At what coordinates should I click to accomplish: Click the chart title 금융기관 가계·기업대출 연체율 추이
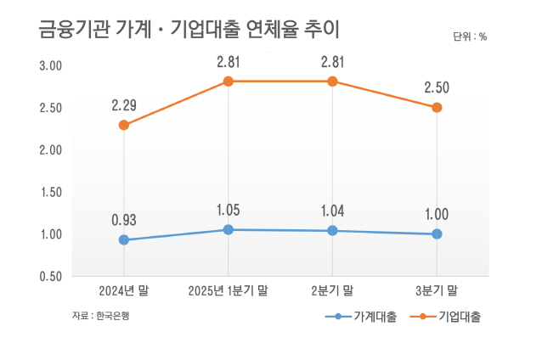pyautogui.click(x=189, y=31)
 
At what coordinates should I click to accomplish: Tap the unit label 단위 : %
pyautogui.click(x=470, y=37)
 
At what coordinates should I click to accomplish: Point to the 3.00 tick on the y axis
pyautogui.click(x=50, y=66)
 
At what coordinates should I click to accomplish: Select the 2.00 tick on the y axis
pyautogui.click(x=50, y=150)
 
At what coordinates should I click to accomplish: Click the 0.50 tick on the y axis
pyautogui.click(x=50, y=277)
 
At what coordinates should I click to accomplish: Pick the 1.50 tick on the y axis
pyautogui.click(x=50, y=193)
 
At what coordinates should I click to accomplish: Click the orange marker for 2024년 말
pyautogui.click(x=124, y=125)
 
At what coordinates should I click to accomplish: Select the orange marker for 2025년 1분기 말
pyautogui.click(x=229, y=82)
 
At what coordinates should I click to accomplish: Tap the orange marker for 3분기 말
pyautogui.click(x=437, y=108)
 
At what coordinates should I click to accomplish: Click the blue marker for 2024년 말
pyautogui.click(x=124, y=240)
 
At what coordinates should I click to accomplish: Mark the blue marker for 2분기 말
pyautogui.click(x=332, y=231)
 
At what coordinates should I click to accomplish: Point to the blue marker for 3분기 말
pyautogui.click(x=437, y=234)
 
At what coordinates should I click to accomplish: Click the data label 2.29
pyautogui.click(x=124, y=106)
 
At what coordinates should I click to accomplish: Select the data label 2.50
pyautogui.click(x=437, y=88)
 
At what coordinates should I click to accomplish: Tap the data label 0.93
pyautogui.click(x=124, y=220)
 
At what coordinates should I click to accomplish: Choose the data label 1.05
pyautogui.click(x=229, y=211)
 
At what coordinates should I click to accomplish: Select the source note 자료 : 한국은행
pyautogui.click(x=100, y=315)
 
